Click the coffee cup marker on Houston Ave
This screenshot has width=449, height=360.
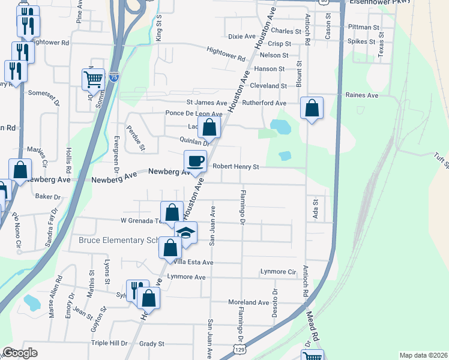click(x=195, y=161)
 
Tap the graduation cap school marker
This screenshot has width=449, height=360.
click(x=185, y=232)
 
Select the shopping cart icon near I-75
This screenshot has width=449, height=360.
click(x=93, y=79)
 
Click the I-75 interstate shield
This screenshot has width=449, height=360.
click(x=114, y=76)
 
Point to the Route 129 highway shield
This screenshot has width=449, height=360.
click(x=240, y=349)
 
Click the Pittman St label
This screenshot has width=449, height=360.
click(x=363, y=28)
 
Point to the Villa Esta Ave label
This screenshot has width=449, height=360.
click(x=193, y=262)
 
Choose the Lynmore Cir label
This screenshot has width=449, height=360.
click(x=279, y=272)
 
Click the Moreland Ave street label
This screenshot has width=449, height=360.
click(x=249, y=302)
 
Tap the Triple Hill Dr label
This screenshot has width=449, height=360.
click(x=109, y=343)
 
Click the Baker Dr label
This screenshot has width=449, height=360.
click(x=48, y=196)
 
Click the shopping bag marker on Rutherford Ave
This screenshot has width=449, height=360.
click(x=312, y=108)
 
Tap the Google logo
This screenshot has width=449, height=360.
click(x=20, y=353)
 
